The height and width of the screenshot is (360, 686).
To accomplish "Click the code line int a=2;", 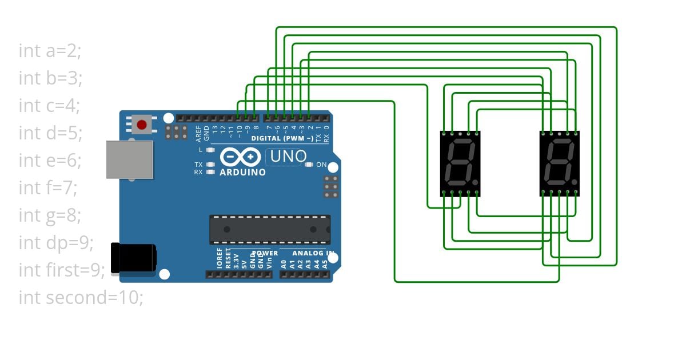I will coord(50,51).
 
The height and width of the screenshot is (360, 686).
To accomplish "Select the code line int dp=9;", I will coord(55,243).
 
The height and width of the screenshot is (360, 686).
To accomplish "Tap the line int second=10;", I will coord(81,298).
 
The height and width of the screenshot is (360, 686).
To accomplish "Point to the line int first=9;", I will coord(62,270).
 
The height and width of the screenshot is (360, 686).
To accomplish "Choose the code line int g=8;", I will coord(50,215).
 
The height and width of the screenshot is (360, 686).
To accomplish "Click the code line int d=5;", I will coord(50,133).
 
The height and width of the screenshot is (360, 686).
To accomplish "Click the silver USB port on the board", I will coord(129,159).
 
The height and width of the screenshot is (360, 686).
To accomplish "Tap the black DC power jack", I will coord(133,258).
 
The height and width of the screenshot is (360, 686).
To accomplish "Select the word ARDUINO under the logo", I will coord(242,172).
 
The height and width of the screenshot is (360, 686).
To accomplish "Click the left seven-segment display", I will coord(460,163).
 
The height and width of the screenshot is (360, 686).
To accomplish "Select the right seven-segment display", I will coord(560,163).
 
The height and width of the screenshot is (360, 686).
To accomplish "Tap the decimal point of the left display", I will coord(476,182).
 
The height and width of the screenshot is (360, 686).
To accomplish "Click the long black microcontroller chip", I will coord(270,229).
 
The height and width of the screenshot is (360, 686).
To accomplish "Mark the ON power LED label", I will coord(321,165).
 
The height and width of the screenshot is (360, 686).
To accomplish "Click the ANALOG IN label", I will coord(313,253).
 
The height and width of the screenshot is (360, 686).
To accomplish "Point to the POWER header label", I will coord(265,253).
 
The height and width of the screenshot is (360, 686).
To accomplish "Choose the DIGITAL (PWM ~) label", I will coord(282,138).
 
